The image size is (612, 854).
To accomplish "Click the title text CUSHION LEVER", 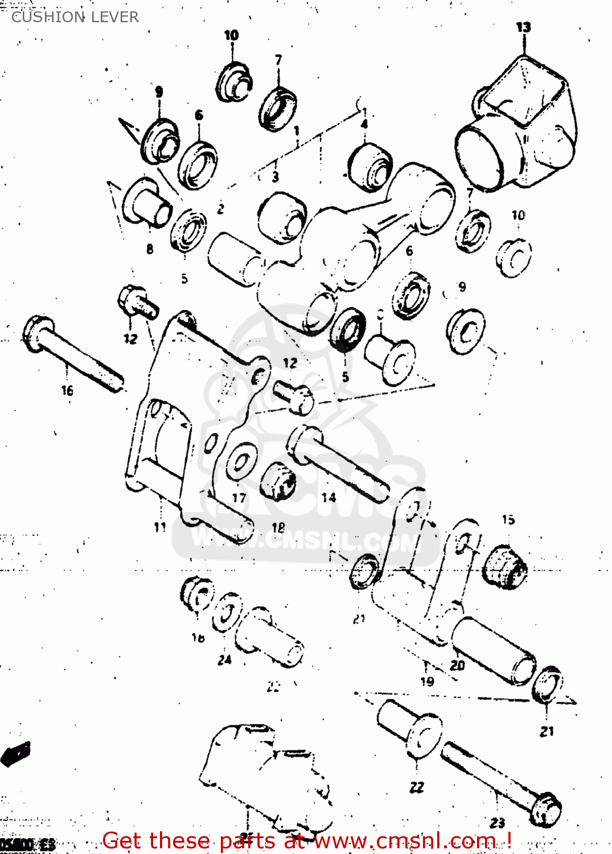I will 75,17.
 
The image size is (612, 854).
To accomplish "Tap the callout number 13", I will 523,27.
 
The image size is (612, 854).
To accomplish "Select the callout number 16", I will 67,391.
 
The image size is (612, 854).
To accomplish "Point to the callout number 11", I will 160,527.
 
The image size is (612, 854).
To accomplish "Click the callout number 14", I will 328,498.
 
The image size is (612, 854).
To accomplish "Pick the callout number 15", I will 508,519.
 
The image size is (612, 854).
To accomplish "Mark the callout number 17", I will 239,498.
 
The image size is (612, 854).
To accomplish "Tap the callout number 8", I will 150,249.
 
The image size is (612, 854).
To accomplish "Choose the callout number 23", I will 497,823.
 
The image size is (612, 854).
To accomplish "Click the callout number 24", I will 225,660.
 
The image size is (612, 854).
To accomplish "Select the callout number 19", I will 427,681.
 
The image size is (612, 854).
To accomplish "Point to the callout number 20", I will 457,665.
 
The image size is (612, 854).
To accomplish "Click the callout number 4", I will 364,124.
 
